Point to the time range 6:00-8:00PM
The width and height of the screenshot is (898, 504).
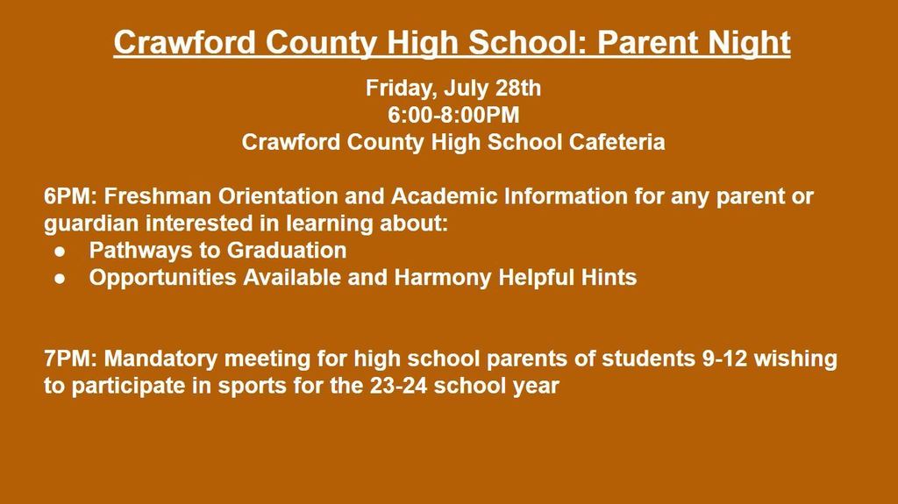coord(453,115)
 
